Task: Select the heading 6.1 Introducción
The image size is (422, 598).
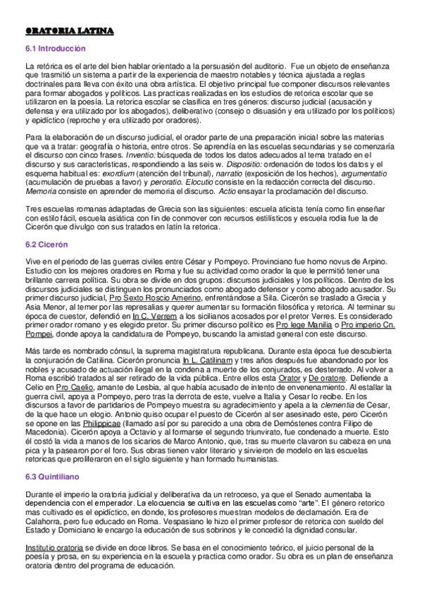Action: [x=55, y=49]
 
